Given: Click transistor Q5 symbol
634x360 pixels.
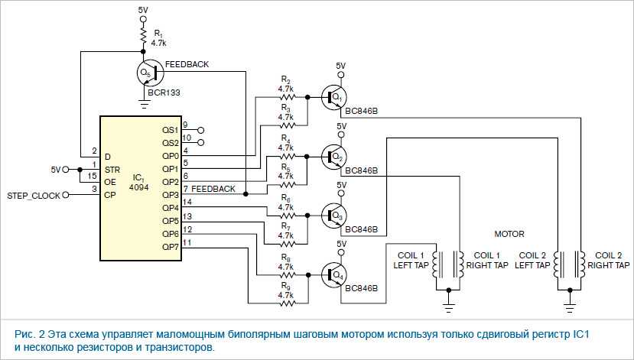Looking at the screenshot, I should (148, 73).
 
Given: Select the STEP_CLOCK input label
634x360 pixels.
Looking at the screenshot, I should (34, 196).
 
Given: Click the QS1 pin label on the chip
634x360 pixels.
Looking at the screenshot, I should (170, 129).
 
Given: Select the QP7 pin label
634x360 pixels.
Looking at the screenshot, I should (170, 247).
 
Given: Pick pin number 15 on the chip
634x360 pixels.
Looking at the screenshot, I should (94, 177).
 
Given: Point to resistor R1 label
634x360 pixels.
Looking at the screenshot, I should (158, 39).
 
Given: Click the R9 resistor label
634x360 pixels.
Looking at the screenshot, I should (286, 290).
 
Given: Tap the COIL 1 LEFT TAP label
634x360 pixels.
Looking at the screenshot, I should (411, 260).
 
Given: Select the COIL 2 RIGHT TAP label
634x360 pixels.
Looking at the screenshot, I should (612, 260).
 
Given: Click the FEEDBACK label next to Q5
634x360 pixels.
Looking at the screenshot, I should (187, 64).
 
